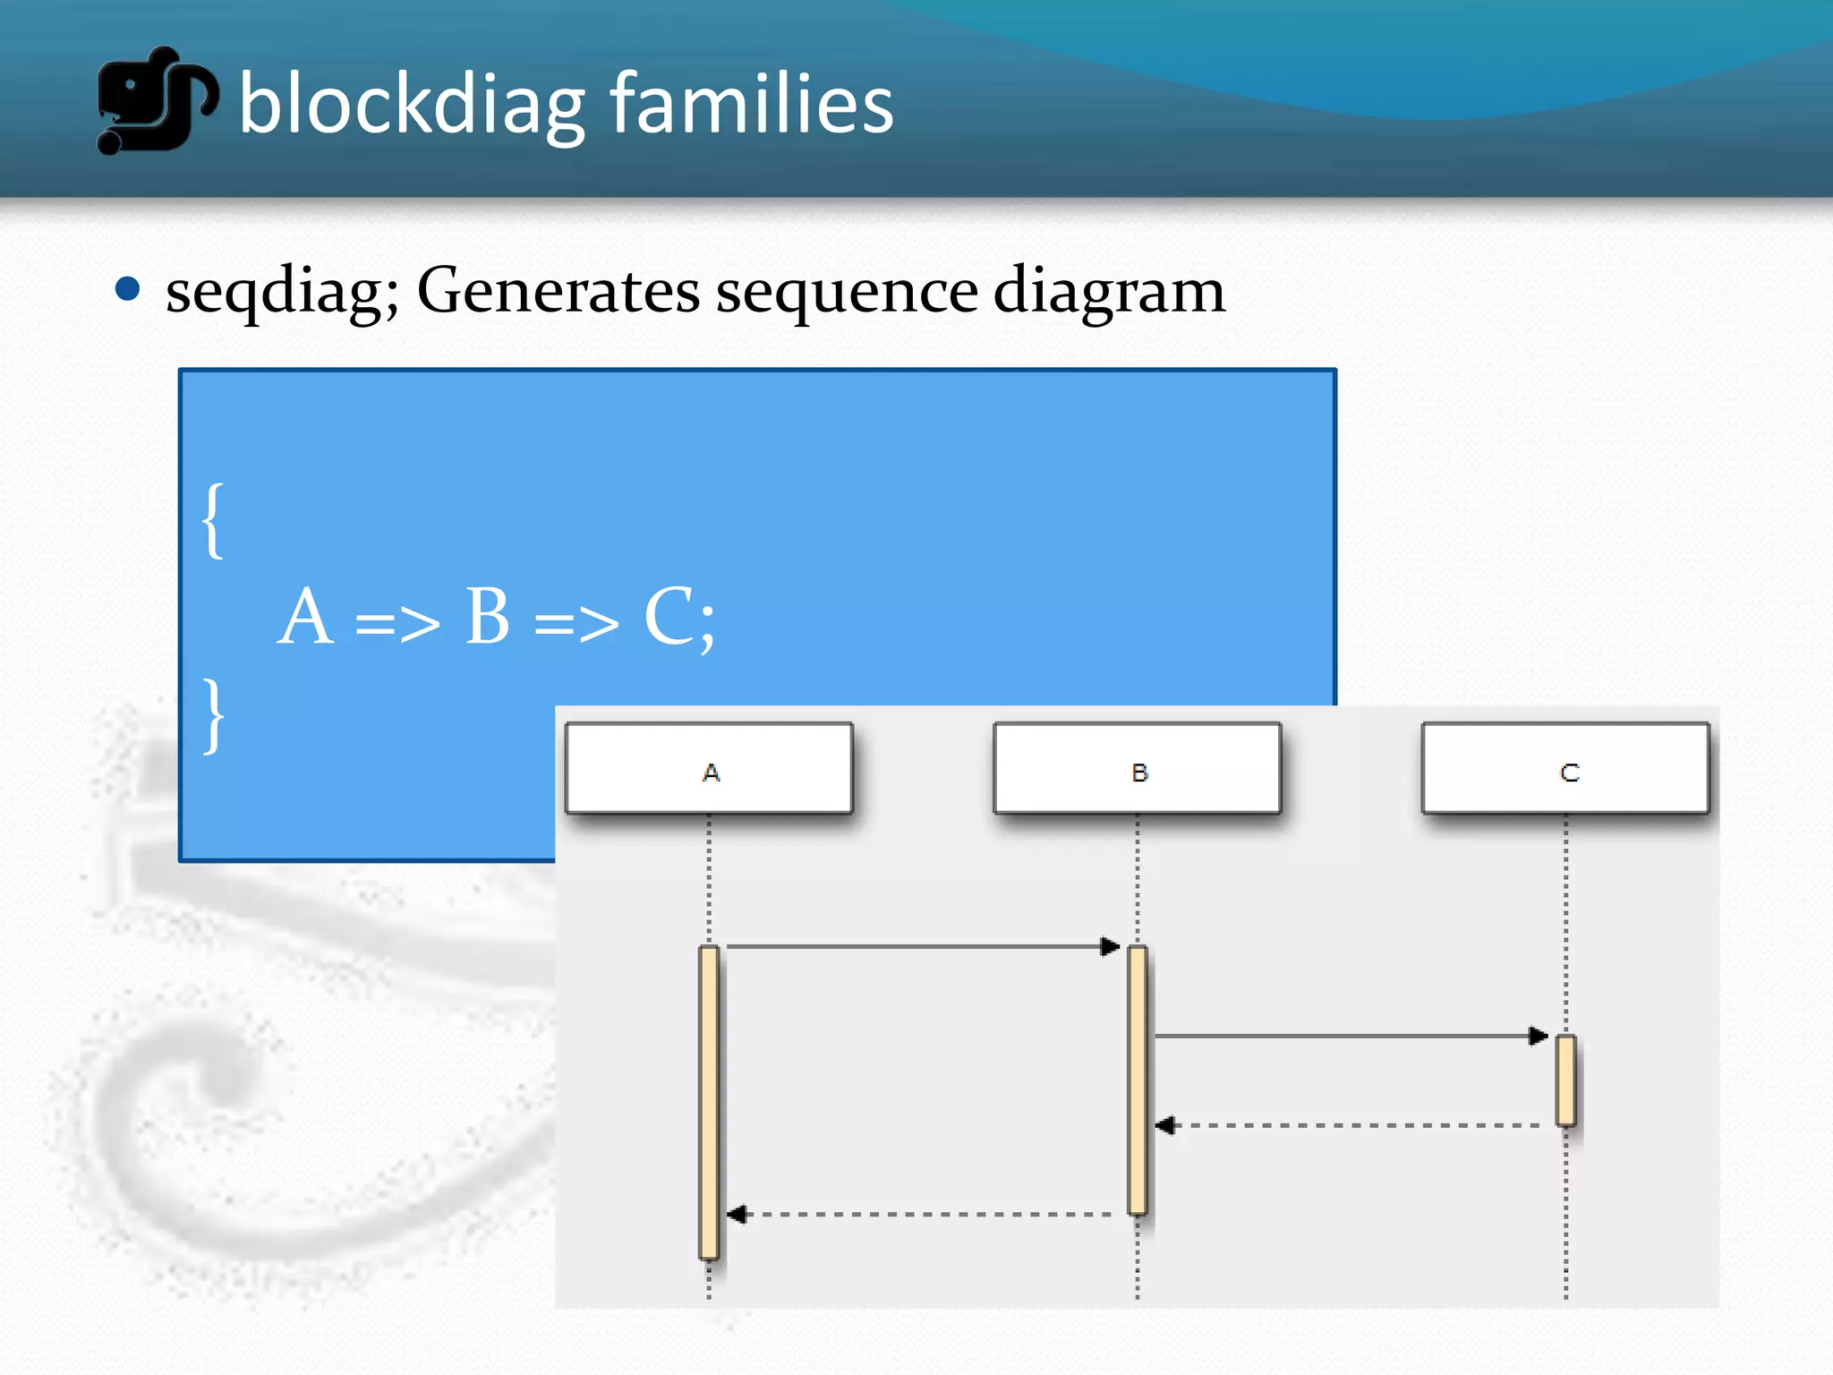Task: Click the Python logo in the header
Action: [156, 100]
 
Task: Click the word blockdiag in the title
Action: [412, 105]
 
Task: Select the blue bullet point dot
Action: [128, 289]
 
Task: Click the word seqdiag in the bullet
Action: [281, 292]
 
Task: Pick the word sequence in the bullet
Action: [847, 292]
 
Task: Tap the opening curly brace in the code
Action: [213, 521]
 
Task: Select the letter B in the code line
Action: [488, 617]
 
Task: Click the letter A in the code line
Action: [305, 617]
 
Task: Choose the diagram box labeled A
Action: [709, 769]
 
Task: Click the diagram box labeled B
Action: [1138, 769]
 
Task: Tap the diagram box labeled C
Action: [1565, 769]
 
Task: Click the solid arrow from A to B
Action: [922, 946]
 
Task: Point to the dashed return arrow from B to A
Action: [922, 1215]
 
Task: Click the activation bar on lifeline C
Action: [1565, 1080]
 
